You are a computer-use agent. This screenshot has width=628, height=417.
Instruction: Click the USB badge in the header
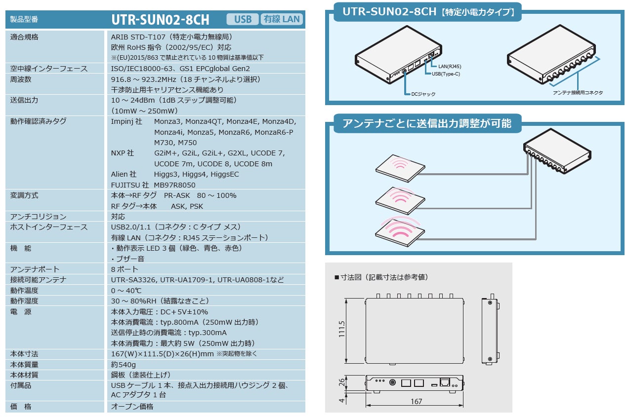point(243,19)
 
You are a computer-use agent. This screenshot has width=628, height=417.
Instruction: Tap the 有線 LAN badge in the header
point(282,19)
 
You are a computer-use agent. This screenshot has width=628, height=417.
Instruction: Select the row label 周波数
point(21,79)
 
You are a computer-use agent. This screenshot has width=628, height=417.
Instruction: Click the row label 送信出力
point(24,100)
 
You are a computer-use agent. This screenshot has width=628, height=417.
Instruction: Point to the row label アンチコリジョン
point(38,217)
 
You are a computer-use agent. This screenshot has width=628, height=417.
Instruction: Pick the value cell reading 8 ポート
point(125,269)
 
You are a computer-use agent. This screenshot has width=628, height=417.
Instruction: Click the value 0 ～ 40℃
point(126,290)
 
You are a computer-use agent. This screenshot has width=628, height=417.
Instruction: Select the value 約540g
point(124,364)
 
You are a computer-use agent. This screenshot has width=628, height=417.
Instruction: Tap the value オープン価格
point(132,406)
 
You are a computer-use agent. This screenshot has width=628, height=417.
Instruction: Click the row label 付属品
point(21,385)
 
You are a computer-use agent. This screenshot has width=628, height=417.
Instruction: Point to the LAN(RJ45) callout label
point(450,66)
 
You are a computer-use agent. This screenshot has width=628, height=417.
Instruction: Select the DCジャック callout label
point(423,94)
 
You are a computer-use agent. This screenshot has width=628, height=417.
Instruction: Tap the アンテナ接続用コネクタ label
point(578,93)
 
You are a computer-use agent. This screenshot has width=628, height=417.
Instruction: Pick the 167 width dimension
point(416,402)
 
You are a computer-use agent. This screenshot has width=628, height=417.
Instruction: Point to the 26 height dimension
point(341,381)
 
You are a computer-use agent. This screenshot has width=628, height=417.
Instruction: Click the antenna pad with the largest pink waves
point(401,231)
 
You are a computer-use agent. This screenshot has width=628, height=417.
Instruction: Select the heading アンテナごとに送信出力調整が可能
point(423,123)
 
